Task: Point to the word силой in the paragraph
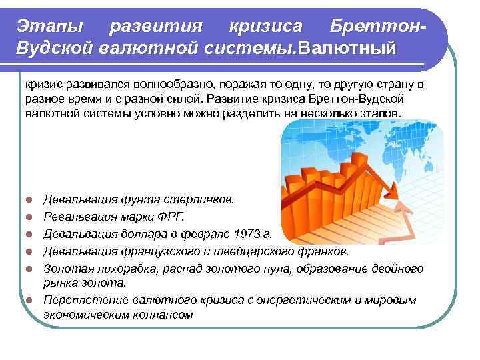coord(185,99)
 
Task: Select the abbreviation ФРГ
coord(173,217)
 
